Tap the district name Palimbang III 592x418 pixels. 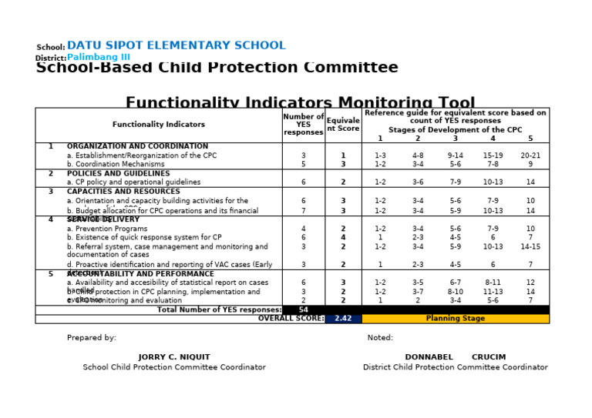(99, 57)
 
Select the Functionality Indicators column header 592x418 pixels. (159, 124)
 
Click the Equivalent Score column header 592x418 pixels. (343, 124)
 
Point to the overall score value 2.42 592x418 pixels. (343, 318)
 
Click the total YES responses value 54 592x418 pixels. (304, 309)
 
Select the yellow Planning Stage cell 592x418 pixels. (455, 318)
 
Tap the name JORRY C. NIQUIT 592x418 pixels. (174, 357)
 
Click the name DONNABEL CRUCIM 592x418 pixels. (455, 357)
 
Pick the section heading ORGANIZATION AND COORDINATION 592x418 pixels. (137, 146)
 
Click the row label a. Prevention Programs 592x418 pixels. (107, 229)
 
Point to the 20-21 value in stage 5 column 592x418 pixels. (530, 155)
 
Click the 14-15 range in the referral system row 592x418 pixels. (530, 246)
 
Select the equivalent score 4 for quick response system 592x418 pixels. (343, 238)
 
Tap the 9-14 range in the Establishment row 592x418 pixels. (455, 155)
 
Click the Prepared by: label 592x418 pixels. (92, 337)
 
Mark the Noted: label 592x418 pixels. (380, 337)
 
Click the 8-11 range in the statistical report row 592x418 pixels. (493, 283)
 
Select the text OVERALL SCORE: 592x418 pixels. (291, 318)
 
